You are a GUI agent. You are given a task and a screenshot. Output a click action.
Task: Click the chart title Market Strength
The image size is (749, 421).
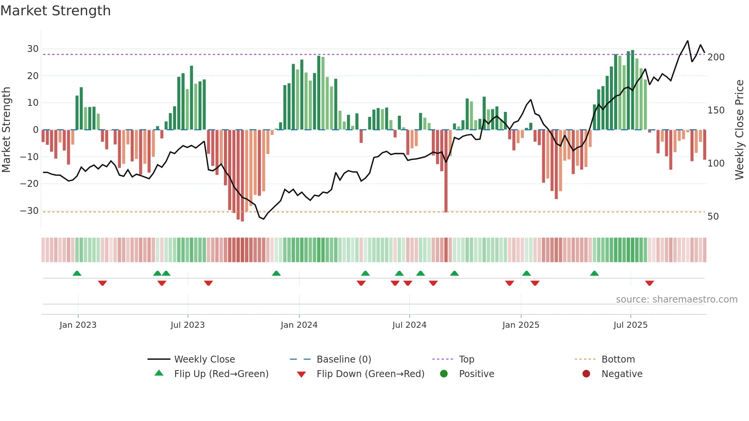[x=55, y=11]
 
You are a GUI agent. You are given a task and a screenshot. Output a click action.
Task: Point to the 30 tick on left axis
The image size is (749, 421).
[x=33, y=49]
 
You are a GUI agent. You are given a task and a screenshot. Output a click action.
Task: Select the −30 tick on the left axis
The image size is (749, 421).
[x=29, y=210]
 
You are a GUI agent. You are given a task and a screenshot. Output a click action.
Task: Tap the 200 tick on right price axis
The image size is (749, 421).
[x=716, y=57]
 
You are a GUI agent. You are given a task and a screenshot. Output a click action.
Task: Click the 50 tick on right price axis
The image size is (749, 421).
[x=713, y=217]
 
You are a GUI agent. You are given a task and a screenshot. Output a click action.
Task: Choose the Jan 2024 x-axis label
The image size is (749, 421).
[x=299, y=325]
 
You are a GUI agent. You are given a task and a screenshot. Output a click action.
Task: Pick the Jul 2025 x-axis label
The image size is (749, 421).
[x=631, y=325]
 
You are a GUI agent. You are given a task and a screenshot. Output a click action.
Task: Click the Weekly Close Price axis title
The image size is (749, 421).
[x=739, y=130]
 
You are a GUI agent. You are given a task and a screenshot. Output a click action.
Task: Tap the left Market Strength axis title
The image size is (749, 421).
[x=6, y=130]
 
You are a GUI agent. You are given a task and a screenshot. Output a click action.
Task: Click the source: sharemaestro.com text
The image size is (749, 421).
[x=676, y=300]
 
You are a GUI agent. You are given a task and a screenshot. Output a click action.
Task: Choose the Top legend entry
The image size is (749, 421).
[x=466, y=359]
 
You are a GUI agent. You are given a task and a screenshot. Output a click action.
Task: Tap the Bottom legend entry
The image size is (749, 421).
[x=618, y=359]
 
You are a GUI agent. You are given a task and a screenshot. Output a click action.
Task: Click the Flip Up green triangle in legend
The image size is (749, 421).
[x=159, y=373]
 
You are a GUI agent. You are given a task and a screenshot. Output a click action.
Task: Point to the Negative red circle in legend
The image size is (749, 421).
[x=586, y=374]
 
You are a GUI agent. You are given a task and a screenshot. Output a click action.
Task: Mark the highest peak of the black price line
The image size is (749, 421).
[x=687, y=41]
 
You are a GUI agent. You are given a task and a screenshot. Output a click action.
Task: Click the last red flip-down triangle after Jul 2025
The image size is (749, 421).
[x=650, y=283]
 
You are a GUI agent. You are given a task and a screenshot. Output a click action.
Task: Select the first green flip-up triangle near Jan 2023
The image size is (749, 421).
[x=77, y=273]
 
